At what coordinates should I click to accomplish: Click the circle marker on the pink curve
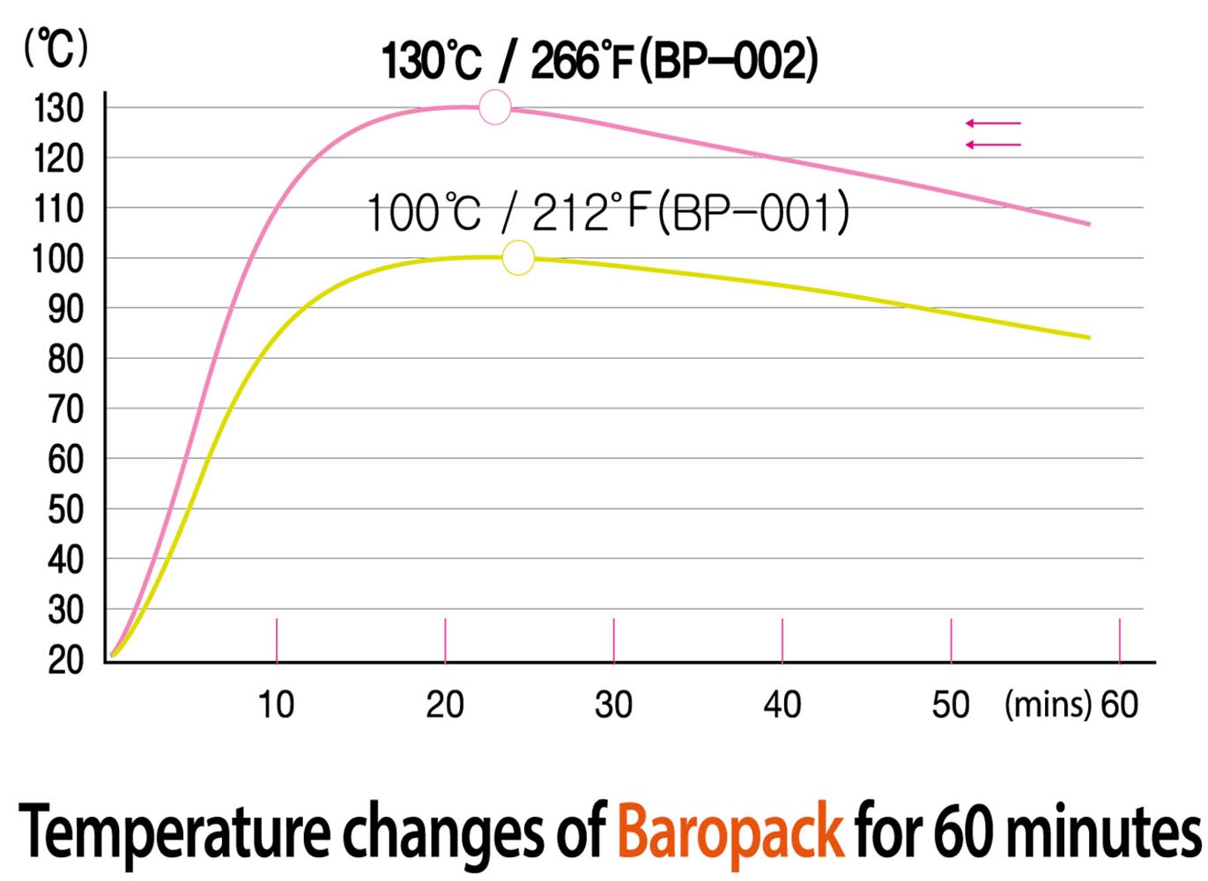(x=495, y=107)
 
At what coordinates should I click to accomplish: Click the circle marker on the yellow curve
(x=518, y=257)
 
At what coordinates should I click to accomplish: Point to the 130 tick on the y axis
(x=59, y=109)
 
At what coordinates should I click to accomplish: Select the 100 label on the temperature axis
(x=59, y=259)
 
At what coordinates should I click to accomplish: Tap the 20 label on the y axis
(x=65, y=659)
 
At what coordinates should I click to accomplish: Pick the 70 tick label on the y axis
(x=65, y=410)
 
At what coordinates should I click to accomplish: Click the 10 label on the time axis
(x=276, y=705)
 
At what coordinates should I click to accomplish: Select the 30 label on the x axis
(x=613, y=705)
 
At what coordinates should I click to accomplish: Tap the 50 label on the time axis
(x=951, y=705)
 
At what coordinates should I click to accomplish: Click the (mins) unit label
(x=1048, y=705)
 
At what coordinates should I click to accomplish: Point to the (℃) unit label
(x=56, y=48)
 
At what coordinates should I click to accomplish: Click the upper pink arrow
(x=993, y=123)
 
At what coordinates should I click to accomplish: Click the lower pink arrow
(x=993, y=144)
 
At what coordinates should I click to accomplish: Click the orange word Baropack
(x=730, y=831)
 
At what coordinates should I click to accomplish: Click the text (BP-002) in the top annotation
(x=728, y=61)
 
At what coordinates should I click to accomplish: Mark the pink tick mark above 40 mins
(x=782, y=640)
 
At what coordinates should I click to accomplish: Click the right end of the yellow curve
(x=1089, y=337)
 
